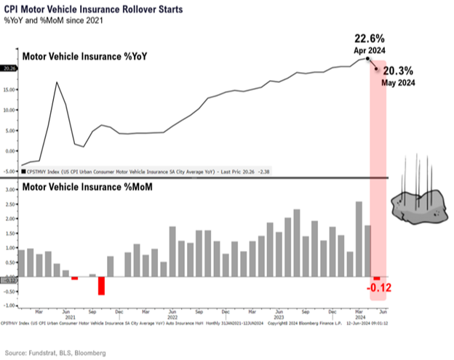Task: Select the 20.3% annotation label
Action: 399,71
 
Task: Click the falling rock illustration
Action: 418,205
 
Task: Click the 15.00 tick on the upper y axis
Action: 9,91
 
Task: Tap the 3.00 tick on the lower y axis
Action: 9,189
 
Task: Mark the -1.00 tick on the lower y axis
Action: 8,305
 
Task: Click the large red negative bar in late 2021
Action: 101,285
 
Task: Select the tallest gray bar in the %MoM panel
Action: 359,239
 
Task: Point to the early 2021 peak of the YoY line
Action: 57,83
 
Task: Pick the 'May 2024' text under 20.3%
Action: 398,83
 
